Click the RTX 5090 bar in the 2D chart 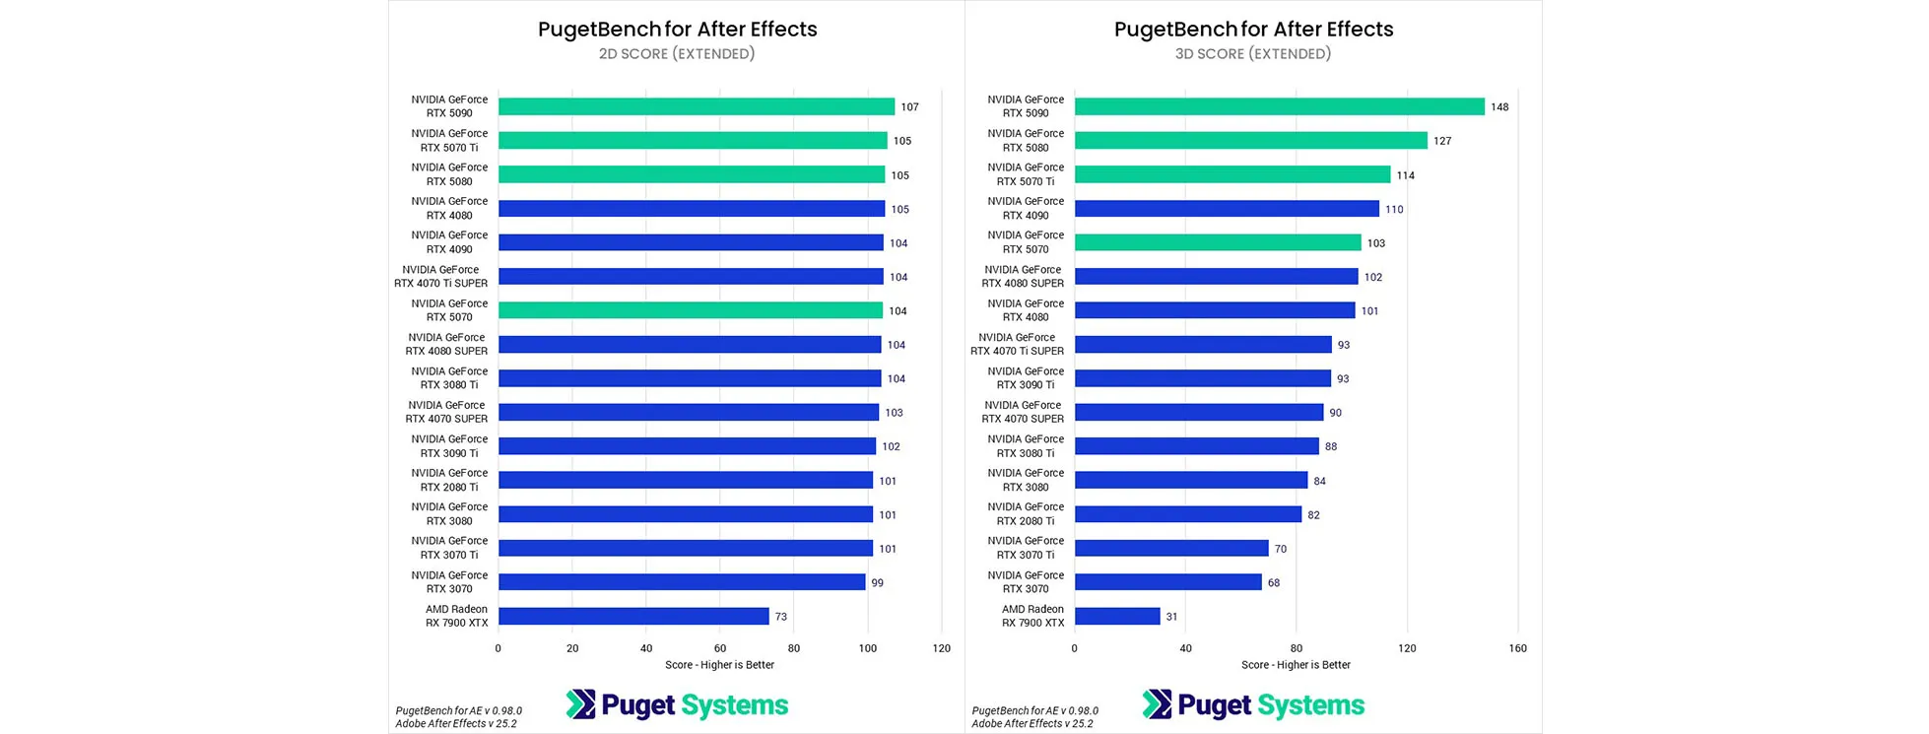[696, 106]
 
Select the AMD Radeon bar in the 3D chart [1117, 616]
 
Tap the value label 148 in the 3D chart [1499, 107]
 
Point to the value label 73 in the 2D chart [781, 617]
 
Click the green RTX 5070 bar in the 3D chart [1218, 242]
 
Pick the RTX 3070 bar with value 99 [682, 582]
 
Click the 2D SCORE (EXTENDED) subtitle [677, 54]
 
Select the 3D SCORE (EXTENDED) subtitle [1253, 54]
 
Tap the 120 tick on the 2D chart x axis [942, 648]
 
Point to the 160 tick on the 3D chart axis [1517, 648]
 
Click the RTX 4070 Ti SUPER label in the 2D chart [441, 277]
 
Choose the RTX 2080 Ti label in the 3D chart [1026, 514]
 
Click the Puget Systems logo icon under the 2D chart [581, 704]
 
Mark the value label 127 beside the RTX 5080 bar [1442, 141]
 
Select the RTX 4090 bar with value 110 [1227, 209]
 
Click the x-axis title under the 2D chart [719, 665]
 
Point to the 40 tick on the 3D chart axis [1185, 648]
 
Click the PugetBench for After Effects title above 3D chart [1253, 30]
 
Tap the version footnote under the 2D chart [459, 717]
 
